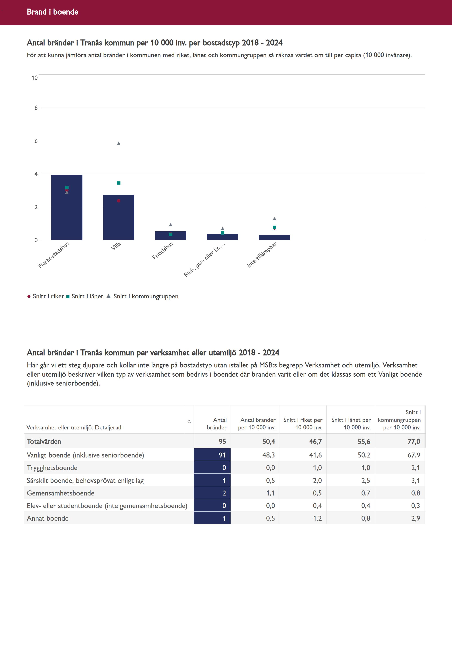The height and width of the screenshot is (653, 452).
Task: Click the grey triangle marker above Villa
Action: coord(119,143)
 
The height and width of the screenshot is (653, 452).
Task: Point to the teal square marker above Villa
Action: coord(119,183)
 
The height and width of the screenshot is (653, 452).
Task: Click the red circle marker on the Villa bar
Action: coord(119,201)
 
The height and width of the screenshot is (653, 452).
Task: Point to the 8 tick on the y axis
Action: coord(36,108)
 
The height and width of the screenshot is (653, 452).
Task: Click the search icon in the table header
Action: coord(189,422)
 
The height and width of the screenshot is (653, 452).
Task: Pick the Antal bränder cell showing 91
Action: coord(212,455)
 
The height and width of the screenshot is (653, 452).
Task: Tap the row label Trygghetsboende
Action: coord(52,468)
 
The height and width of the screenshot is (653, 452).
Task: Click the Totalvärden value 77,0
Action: coord(414,442)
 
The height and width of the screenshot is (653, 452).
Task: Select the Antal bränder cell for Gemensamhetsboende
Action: coord(212,493)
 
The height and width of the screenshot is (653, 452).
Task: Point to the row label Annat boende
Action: coord(48,518)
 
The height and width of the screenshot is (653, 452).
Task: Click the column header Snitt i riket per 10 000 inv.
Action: coord(303,424)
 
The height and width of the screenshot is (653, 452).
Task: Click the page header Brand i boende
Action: coord(53,12)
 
